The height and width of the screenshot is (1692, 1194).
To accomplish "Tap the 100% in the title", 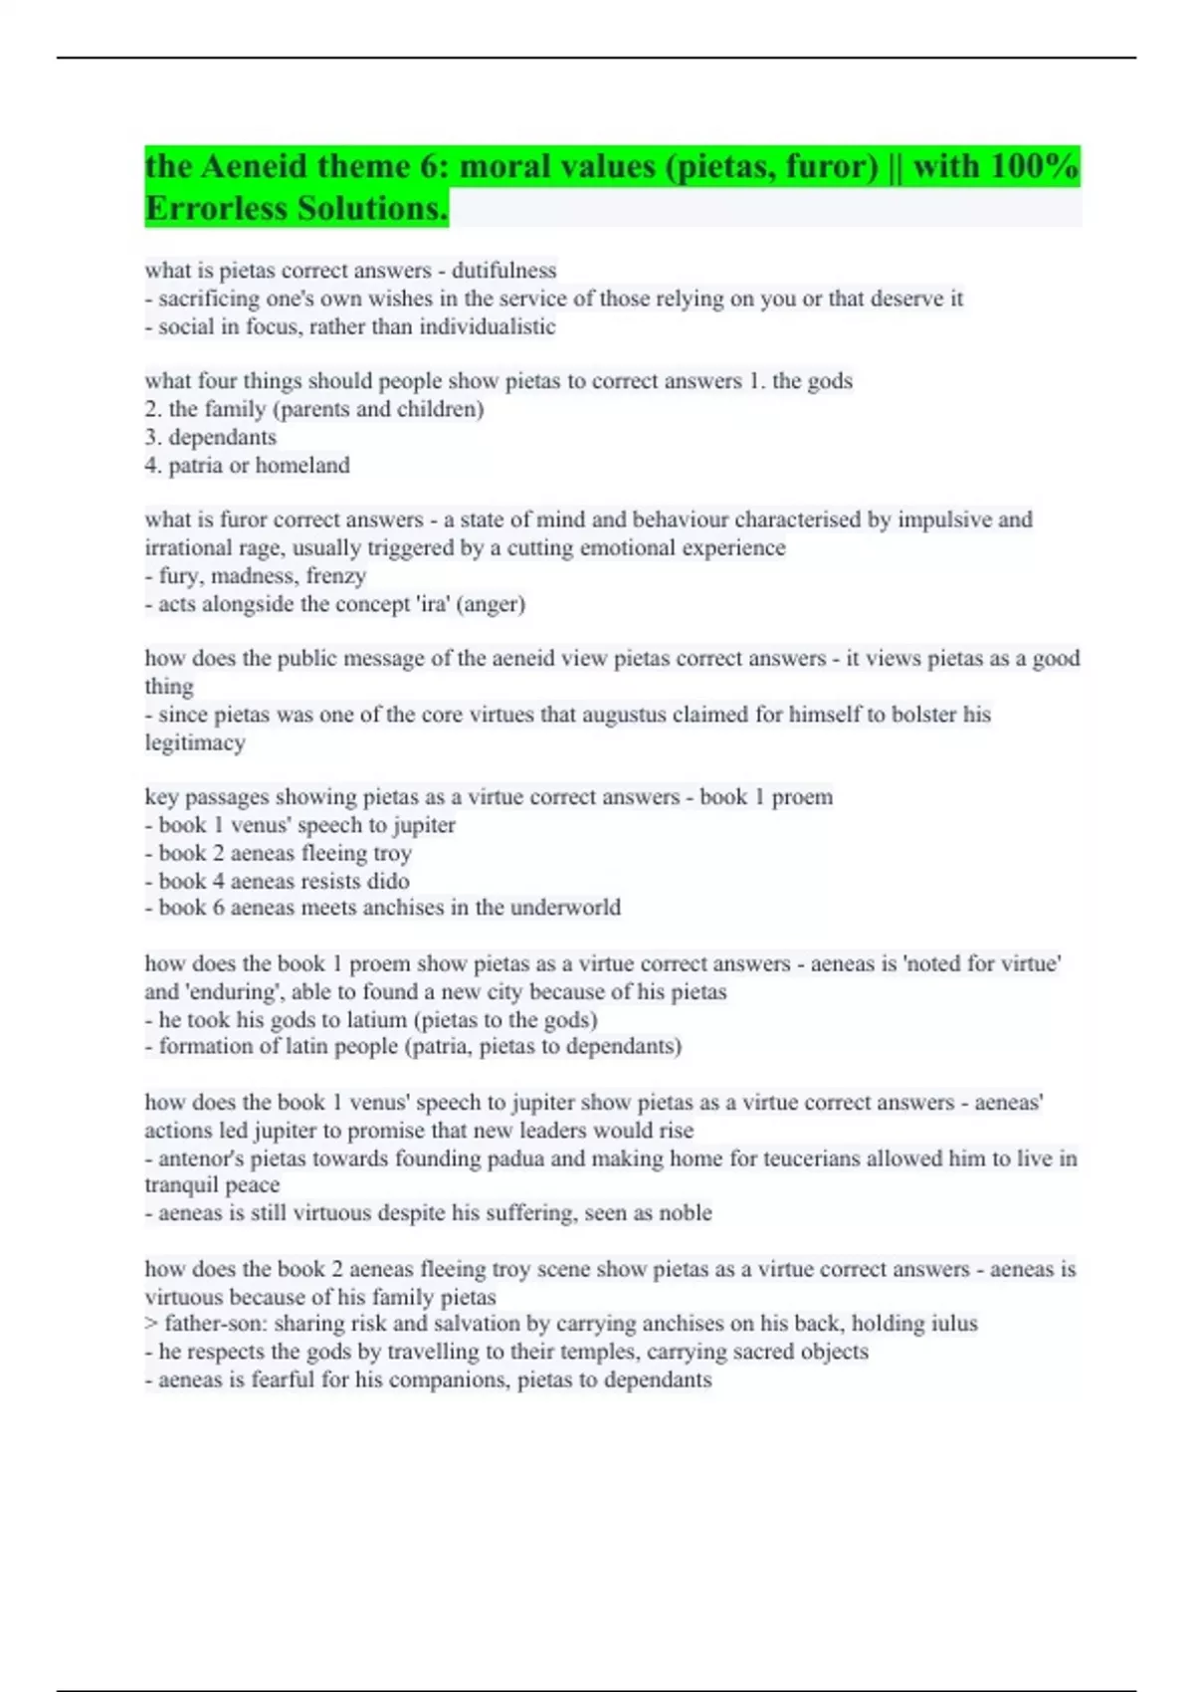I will coord(1035,166).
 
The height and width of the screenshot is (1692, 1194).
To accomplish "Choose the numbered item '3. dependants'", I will coord(211,437).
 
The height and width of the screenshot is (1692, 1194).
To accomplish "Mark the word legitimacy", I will coord(195,742).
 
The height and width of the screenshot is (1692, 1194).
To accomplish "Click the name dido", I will coord(388,881).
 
